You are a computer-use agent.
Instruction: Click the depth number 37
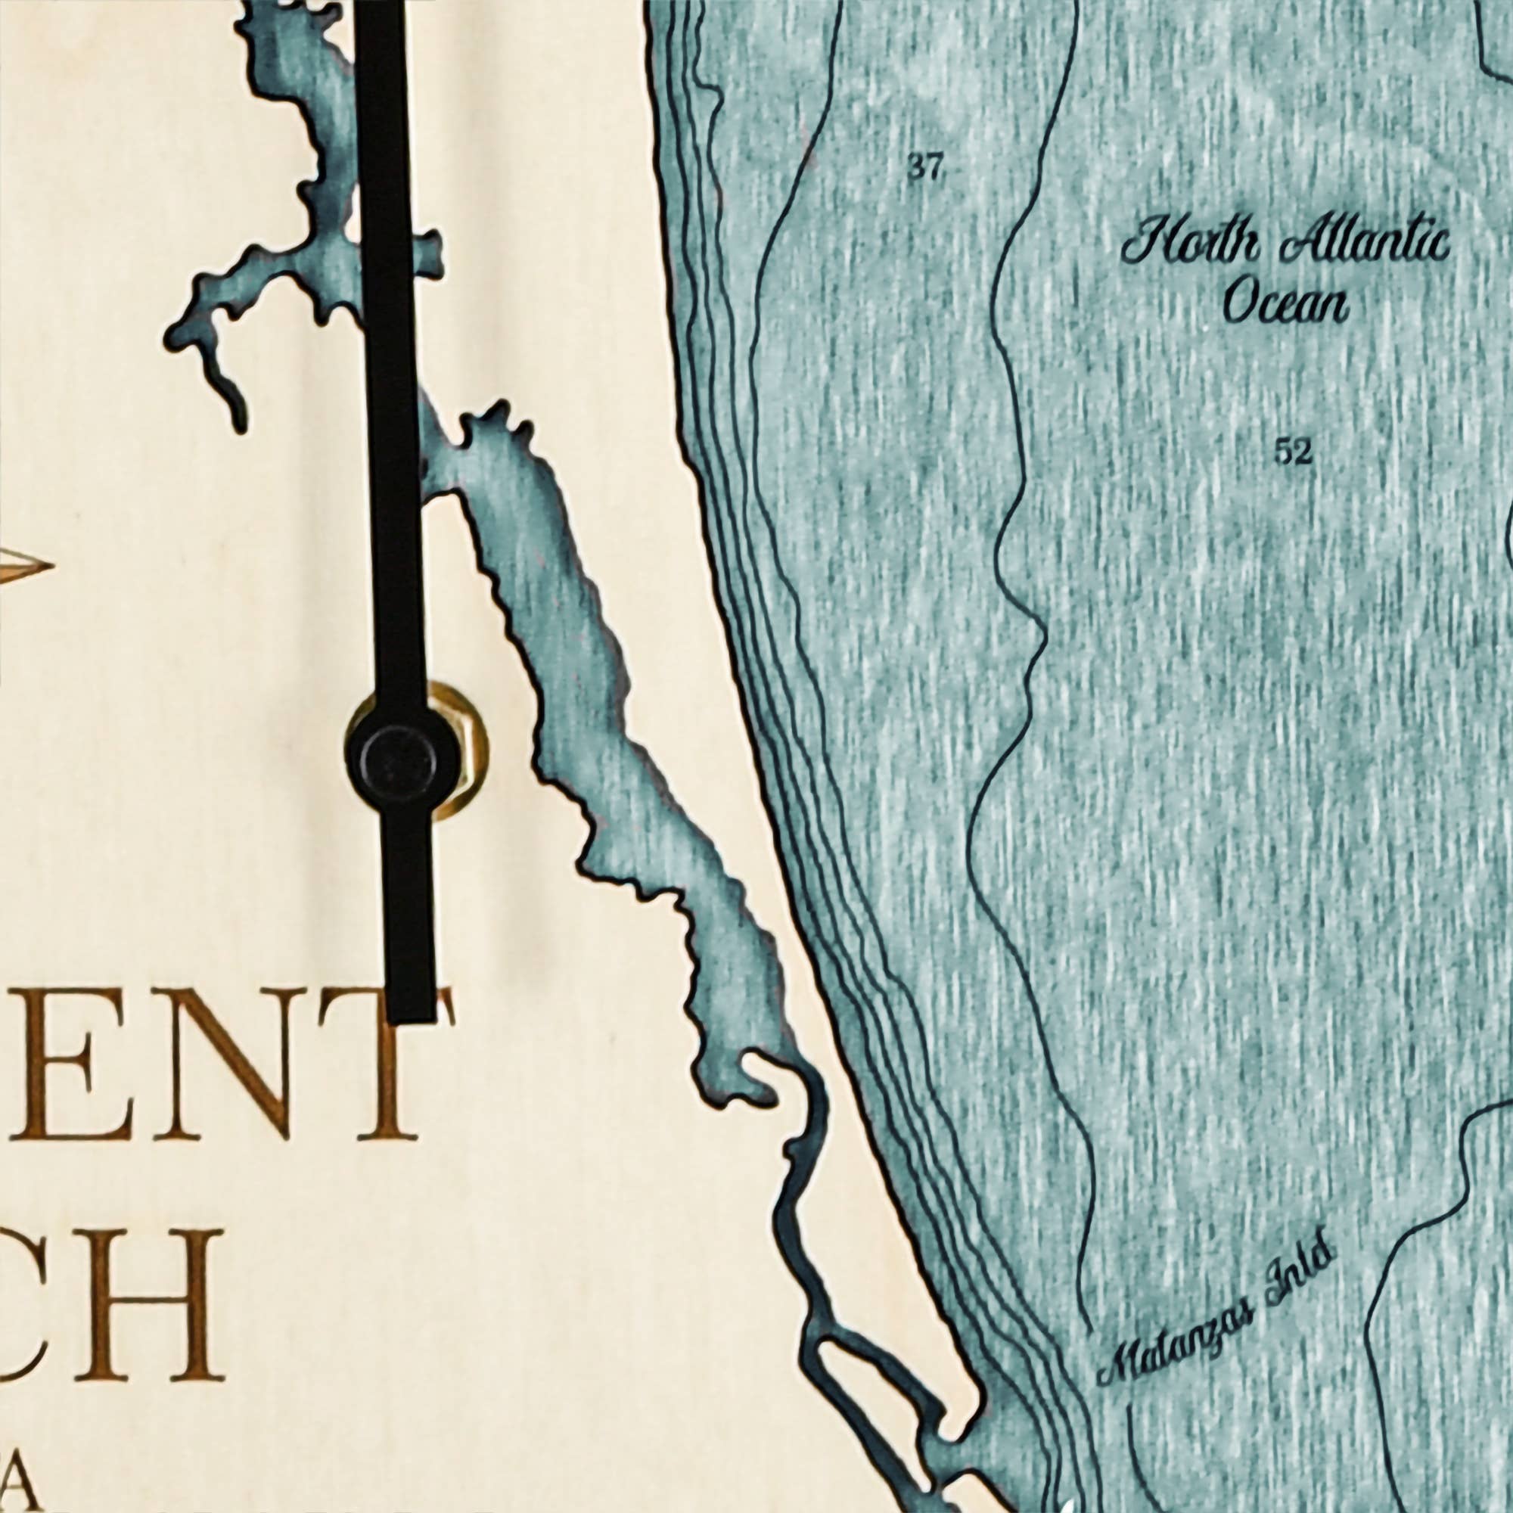point(925,168)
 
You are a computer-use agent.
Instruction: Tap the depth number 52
point(1292,452)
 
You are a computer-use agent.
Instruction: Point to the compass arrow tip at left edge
point(48,564)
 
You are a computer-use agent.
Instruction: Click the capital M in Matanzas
point(1116,1375)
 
